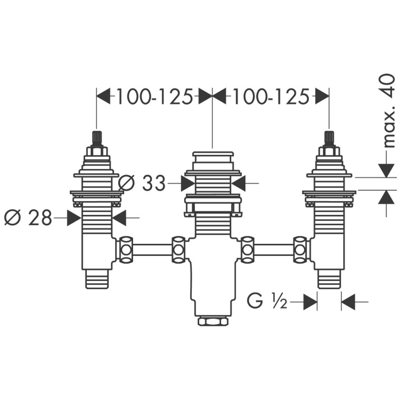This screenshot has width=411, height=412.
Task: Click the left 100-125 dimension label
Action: pos(154,97)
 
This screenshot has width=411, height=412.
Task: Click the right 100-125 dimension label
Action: pos(270,97)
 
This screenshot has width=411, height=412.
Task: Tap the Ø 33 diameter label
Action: pos(143,183)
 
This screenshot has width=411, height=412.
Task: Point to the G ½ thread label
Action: pos(267,302)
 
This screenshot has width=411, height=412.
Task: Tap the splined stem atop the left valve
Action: pos(96,139)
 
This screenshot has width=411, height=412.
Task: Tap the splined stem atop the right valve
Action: pos(328,139)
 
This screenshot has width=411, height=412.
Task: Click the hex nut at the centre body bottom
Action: pos(213,321)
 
